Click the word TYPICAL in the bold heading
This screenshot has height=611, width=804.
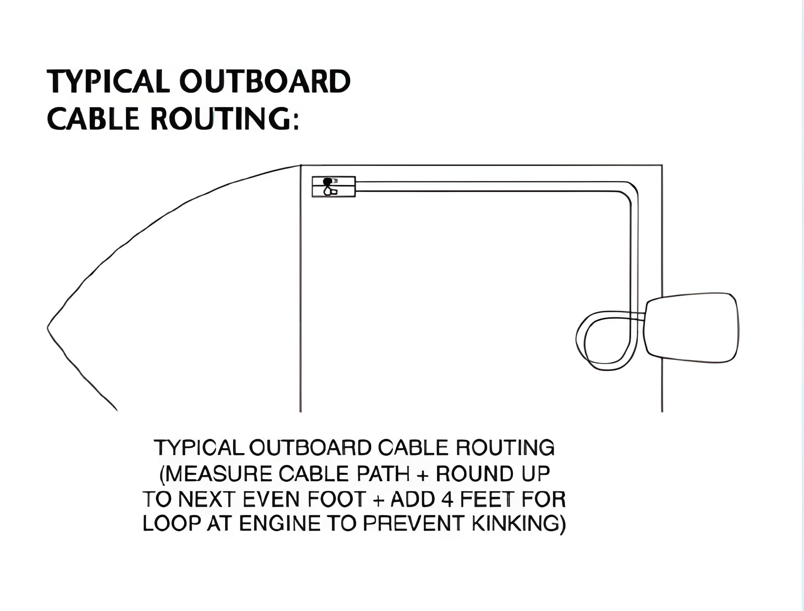coord(108,81)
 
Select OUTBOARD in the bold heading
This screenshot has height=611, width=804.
coord(265,81)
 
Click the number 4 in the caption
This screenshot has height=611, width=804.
coord(447,499)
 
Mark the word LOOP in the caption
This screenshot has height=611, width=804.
coord(172,524)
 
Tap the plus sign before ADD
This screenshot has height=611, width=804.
coord(377,500)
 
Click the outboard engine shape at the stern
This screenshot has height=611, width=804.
coord(691,328)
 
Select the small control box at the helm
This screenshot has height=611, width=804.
coord(334,187)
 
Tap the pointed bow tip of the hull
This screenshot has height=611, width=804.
coord(47,328)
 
